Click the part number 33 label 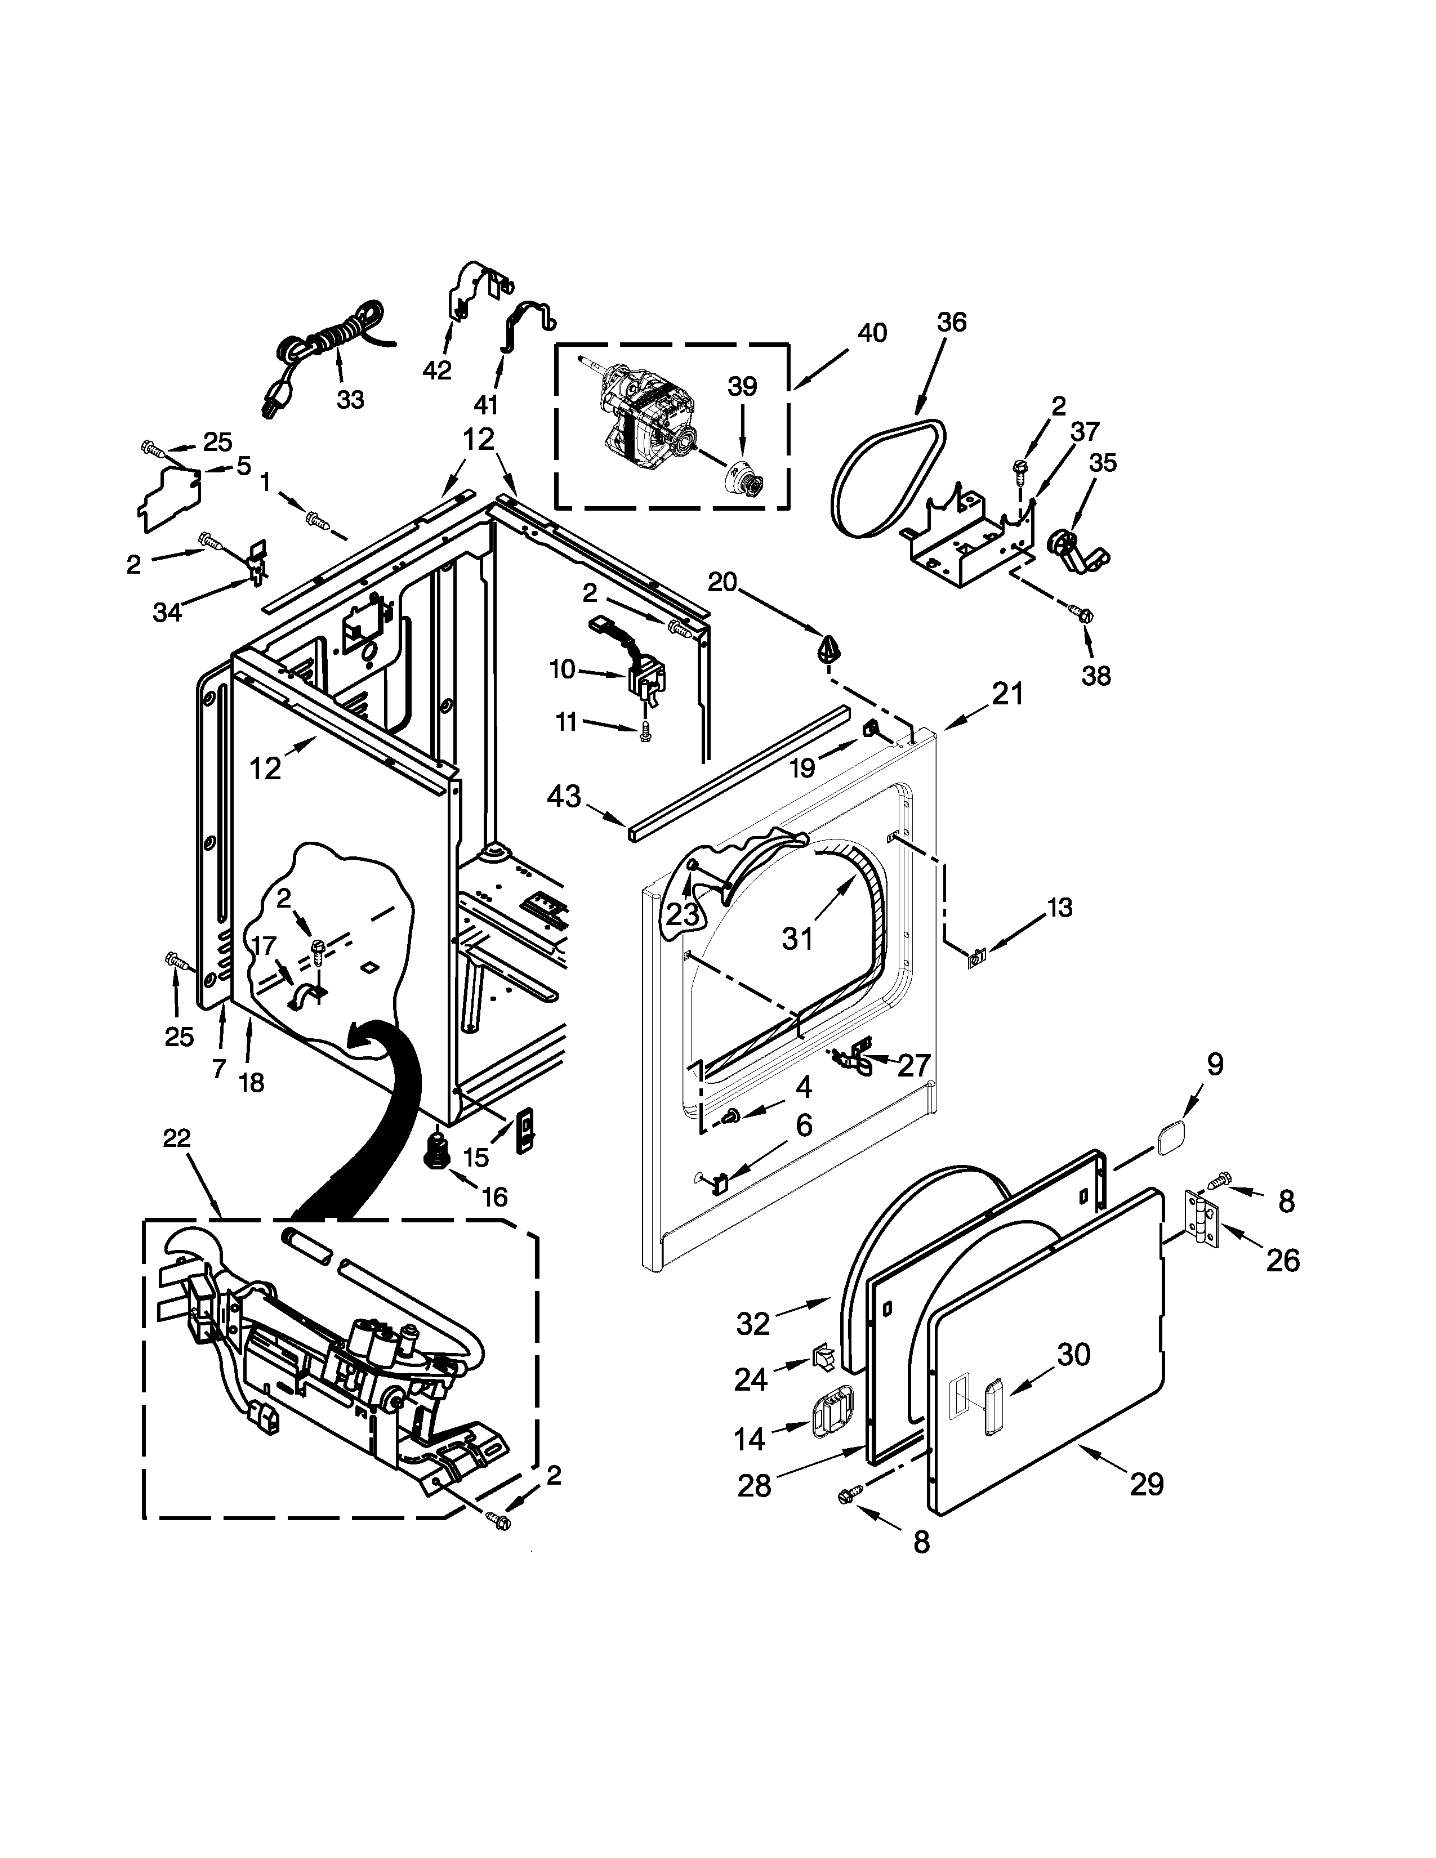350,399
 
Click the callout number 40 871,333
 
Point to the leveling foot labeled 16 439,1152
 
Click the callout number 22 177,1138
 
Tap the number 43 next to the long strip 563,796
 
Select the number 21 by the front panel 1007,694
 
